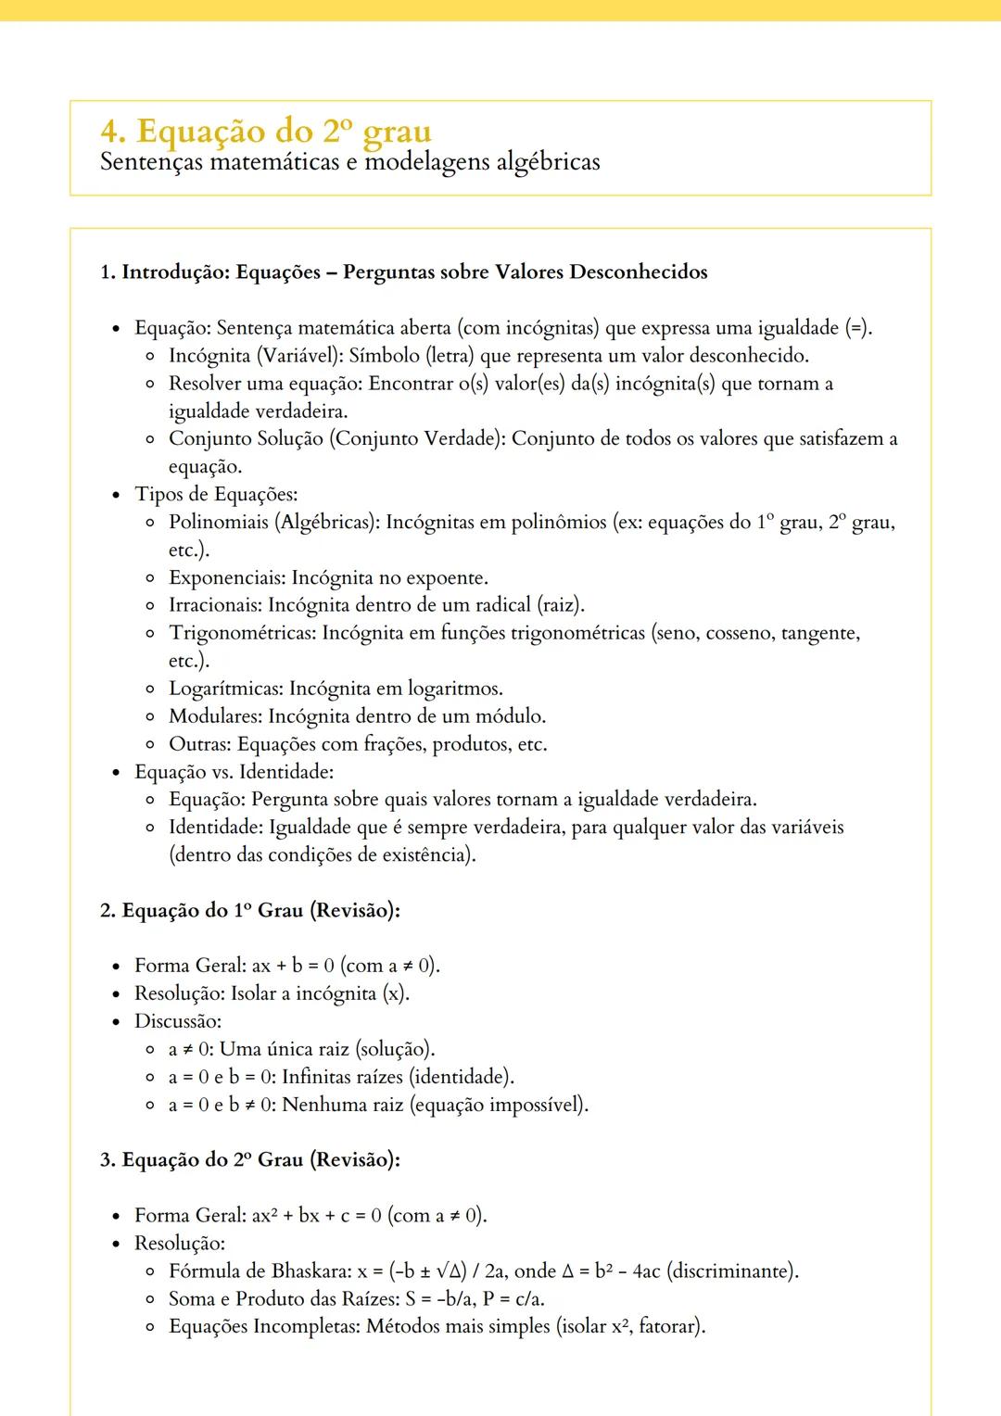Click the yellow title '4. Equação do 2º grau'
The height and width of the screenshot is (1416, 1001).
coord(266,132)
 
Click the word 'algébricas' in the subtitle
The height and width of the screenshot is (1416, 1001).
coord(548,162)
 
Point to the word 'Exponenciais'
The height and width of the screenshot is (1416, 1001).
coord(225,578)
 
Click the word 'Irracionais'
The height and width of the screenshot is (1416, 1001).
coord(214,606)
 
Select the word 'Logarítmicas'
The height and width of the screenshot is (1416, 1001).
coord(224,689)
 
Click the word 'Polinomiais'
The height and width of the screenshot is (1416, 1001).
coord(218,523)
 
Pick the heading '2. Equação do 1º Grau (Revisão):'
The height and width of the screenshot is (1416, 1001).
coord(250,911)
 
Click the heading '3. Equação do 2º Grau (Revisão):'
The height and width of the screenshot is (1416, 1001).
coord(250,1160)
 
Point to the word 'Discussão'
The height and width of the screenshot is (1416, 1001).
coord(176,1022)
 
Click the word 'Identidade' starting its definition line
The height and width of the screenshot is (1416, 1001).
coord(213,828)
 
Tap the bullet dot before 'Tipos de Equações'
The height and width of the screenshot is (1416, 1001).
coord(116,496)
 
